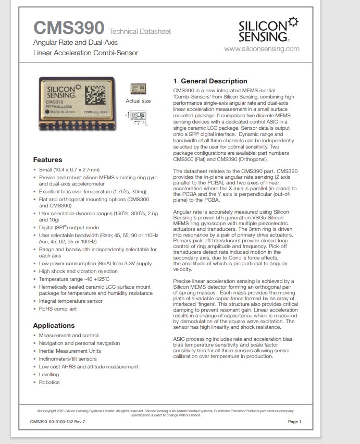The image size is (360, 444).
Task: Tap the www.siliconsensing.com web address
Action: (x=262, y=48)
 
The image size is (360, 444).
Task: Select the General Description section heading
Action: (x=210, y=81)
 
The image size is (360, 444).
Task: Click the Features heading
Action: (x=47, y=159)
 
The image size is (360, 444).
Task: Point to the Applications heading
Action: (x=54, y=325)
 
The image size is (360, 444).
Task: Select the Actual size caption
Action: (x=138, y=101)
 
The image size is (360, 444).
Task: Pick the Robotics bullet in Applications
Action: (x=49, y=382)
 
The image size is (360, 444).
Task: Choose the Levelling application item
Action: (x=49, y=374)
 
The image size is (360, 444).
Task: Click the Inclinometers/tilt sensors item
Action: (x=68, y=359)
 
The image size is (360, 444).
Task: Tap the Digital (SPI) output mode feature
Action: (x=69, y=227)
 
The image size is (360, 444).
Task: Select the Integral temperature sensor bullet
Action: (x=70, y=301)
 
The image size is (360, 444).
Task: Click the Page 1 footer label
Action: (x=294, y=422)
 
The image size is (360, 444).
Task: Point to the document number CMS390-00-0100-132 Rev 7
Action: (x=57, y=422)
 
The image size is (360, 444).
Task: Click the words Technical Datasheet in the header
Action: (x=140, y=32)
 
